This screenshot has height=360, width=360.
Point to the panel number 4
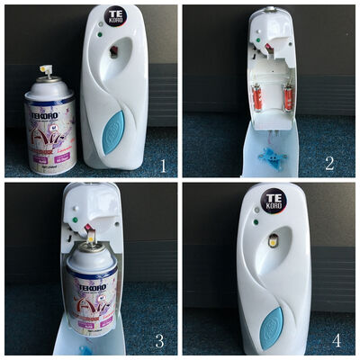(x=342, y=340)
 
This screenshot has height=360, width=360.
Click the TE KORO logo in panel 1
(x=115, y=15)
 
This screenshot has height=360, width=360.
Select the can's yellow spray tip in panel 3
(x=92, y=236)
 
